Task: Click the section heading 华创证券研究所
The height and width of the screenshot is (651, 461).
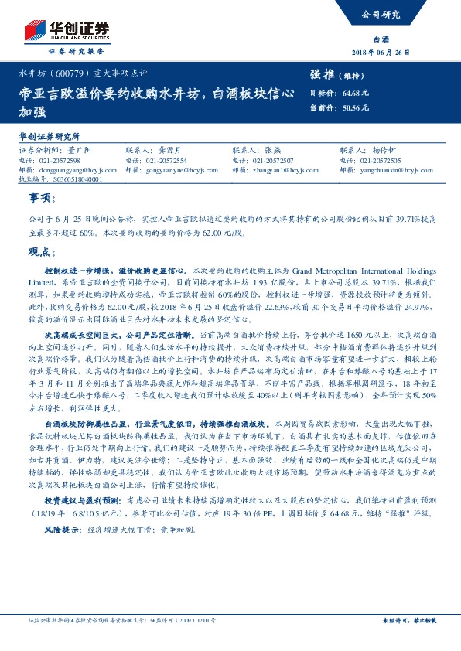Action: (x=50, y=135)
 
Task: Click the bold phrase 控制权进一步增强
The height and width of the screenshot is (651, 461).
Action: (x=80, y=272)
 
